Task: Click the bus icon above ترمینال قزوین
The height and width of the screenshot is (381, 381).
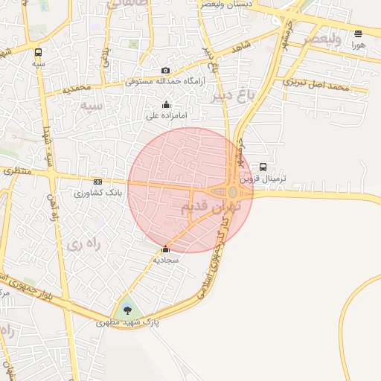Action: coord(263,167)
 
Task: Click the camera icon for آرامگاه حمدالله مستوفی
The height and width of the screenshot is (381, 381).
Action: coord(165,70)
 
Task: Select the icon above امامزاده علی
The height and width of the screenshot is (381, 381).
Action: coord(165,105)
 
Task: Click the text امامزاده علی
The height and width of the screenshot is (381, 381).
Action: coord(166,116)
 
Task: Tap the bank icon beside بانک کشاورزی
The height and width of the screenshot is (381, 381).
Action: coord(97,182)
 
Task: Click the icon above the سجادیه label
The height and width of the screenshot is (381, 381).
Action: coord(165,249)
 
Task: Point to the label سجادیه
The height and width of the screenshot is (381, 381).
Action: coord(166,260)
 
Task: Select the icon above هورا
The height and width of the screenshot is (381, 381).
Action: coord(359,33)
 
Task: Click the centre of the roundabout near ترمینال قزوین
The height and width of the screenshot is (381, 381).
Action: coord(233,193)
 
